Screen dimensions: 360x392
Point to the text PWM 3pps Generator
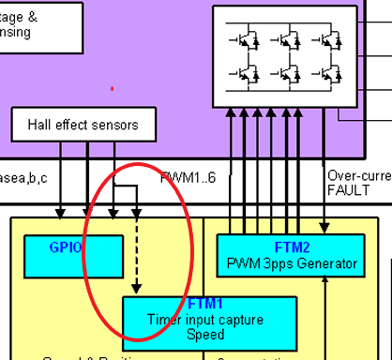pyautogui.click(x=288, y=263)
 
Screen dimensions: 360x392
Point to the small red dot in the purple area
pyautogui.click(x=113, y=89)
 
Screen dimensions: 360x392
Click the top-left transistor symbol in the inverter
pyautogui.click(x=246, y=39)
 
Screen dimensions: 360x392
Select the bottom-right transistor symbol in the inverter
pyautogui.click(x=317, y=72)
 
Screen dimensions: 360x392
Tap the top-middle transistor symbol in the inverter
pyautogui.click(x=281, y=39)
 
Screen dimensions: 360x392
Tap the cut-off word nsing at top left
pyautogui.click(x=15, y=31)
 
